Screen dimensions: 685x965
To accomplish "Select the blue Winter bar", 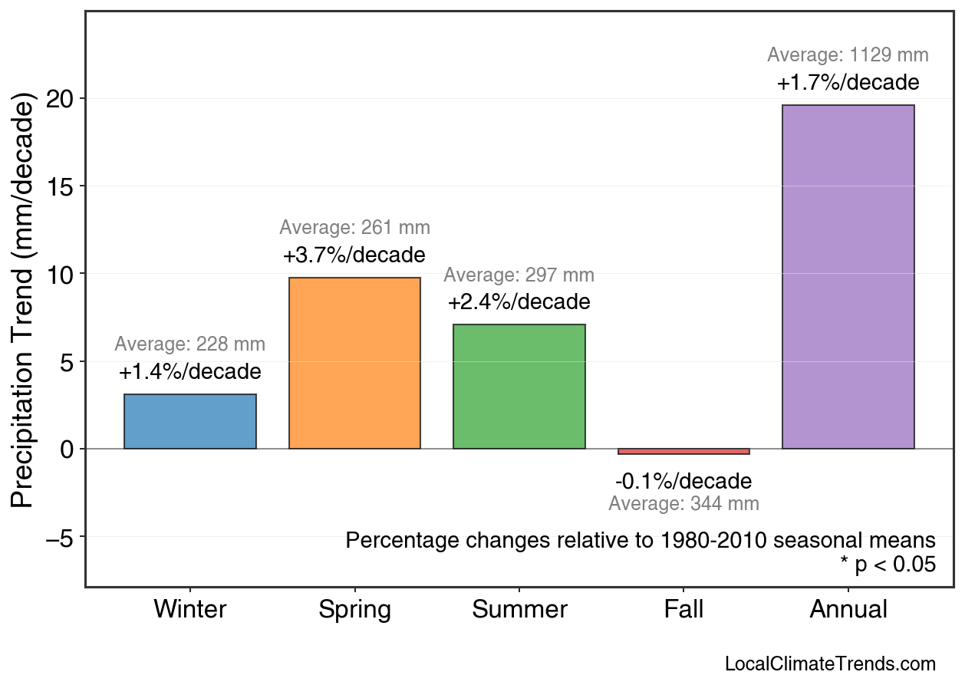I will click(x=190, y=421).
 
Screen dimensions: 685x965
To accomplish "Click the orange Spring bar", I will click(x=354, y=363).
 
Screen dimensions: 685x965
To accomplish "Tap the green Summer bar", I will click(x=519, y=387).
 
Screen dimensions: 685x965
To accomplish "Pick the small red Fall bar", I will click(x=683, y=452).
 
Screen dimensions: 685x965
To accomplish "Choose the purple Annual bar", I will click(x=848, y=277).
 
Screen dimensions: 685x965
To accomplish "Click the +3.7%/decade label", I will click(x=354, y=255).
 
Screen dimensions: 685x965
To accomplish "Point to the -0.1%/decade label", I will click(x=683, y=482).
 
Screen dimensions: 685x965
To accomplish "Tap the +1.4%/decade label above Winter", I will click(x=190, y=372).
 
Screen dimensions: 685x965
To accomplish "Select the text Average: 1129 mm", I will click(x=848, y=55).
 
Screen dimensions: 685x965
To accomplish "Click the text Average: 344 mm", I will click(x=683, y=504).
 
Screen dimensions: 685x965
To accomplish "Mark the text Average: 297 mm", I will click(x=519, y=275).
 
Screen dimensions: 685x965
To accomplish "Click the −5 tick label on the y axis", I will click(x=60, y=537).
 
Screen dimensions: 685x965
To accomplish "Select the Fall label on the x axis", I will click(x=683, y=610).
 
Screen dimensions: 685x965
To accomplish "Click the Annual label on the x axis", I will click(x=848, y=610).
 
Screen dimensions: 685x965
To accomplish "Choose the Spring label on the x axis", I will click(x=354, y=610).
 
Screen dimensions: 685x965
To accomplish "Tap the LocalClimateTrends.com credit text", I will click(x=830, y=664).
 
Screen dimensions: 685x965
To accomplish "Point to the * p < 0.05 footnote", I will click(x=888, y=565).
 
